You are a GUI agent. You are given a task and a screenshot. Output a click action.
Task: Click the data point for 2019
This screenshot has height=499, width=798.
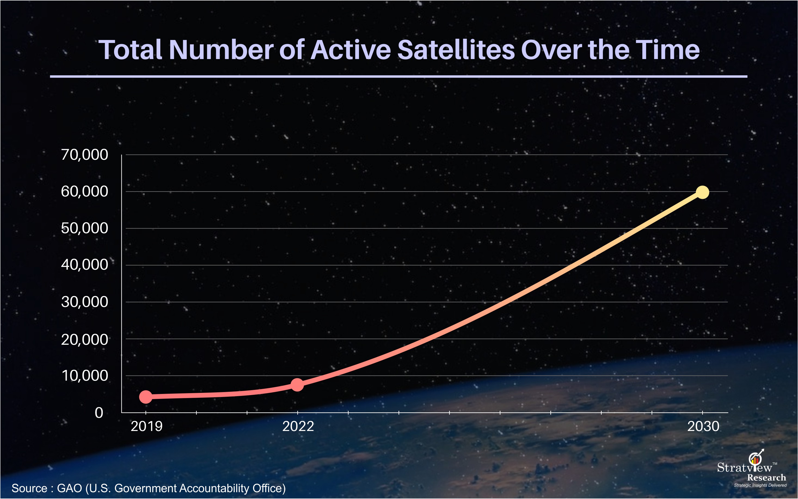point(146,397)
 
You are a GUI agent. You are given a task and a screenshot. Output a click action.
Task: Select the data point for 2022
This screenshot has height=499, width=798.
point(297,385)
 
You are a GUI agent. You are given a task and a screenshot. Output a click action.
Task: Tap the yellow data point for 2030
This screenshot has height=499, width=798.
point(702,192)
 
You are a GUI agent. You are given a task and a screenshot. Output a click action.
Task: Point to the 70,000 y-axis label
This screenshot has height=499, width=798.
point(84,155)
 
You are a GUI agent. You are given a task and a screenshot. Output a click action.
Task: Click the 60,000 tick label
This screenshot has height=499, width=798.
point(84,192)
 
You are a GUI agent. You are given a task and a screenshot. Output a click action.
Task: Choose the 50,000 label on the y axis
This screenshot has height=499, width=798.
point(84,228)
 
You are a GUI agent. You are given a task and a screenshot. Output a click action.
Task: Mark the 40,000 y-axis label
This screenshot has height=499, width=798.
point(84,265)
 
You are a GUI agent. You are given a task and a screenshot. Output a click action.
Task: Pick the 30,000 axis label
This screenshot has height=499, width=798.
point(84,302)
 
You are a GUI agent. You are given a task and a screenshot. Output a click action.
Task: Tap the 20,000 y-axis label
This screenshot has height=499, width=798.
point(84,339)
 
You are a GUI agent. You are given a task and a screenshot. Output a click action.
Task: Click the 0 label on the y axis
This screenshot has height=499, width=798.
point(99,412)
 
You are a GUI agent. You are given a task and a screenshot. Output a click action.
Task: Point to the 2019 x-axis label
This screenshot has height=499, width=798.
point(146,426)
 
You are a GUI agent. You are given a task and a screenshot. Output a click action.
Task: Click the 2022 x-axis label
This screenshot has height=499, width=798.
point(298,426)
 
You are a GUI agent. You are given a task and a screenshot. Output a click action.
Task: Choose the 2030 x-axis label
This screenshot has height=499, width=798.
point(703,426)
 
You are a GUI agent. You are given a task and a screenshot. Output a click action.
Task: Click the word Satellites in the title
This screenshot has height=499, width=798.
point(456,50)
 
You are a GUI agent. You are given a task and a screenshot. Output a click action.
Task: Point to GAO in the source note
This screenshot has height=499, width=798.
point(69,488)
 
